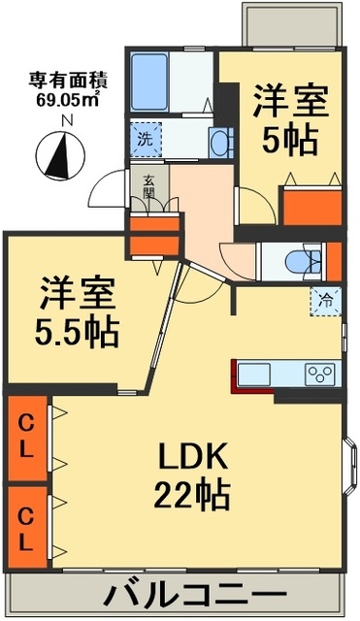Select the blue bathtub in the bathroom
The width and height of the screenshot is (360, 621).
[x=149, y=82]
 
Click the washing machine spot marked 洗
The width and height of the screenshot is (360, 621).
[x=146, y=140]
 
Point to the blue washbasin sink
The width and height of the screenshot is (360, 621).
[x=220, y=144]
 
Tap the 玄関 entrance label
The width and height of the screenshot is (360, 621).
[x=148, y=187]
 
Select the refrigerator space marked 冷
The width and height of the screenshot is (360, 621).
[x=325, y=301]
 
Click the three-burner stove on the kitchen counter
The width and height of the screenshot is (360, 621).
[x=320, y=374]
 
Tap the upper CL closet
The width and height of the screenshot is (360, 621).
[x=27, y=438]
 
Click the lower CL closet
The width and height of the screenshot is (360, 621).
[x=27, y=527]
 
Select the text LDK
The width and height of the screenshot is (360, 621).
[x=193, y=456]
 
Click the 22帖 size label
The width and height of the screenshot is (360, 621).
[x=192, y=494]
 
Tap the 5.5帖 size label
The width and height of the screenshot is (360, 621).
[x=78, y=332]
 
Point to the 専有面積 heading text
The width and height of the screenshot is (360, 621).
[x=68, y=81]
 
